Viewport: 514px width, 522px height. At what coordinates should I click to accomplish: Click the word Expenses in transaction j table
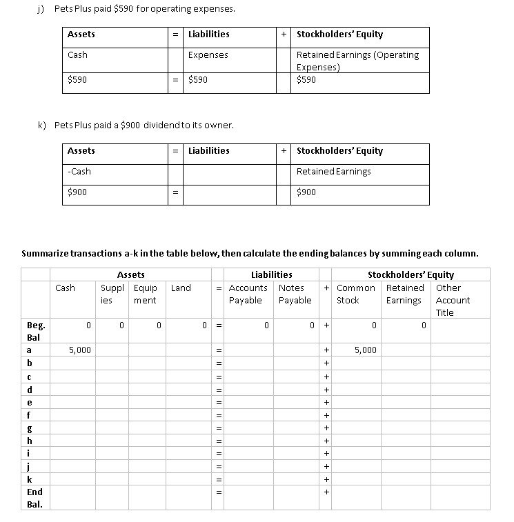click(x=208, y=55)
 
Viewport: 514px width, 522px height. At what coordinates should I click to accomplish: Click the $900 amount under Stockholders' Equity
click(x=306, y=192)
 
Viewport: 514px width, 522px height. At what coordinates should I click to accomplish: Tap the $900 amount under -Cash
click(x=77, y=192)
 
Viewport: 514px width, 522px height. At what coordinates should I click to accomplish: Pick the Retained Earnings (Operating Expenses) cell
click(x=357, y=61)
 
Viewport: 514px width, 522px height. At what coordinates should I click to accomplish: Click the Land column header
click(x=181, y=288)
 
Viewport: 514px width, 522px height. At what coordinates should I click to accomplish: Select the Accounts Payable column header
click(x=248, y=294)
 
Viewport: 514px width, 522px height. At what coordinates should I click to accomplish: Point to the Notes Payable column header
click(x=295, y=294)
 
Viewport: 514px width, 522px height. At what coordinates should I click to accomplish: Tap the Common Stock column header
click(x=356, y=294)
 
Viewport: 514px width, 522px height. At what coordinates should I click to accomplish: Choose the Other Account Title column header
click(x=453, y=300)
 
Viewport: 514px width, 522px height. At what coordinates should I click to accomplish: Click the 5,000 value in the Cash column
click(x=79, y=350)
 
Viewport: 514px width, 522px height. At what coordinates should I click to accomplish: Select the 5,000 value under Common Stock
click(x=365, y=350)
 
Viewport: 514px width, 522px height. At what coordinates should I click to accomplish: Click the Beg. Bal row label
click(x=34, y=331)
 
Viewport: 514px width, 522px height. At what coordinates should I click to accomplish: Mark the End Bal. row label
click(x=34, y=498)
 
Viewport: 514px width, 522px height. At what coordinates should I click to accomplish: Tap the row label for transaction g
click(x=29, y=428)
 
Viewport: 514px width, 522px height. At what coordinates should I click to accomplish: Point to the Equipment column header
click(x=145, y=294)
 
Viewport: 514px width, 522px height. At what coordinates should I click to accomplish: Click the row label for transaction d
click(x=29, y=390)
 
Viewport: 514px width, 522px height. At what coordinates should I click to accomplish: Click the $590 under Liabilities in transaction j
click(x=198, y=80)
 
